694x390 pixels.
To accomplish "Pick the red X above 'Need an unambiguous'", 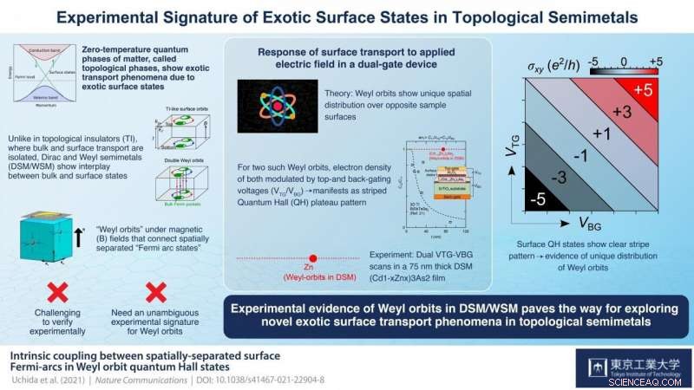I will [x=155, y=290].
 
